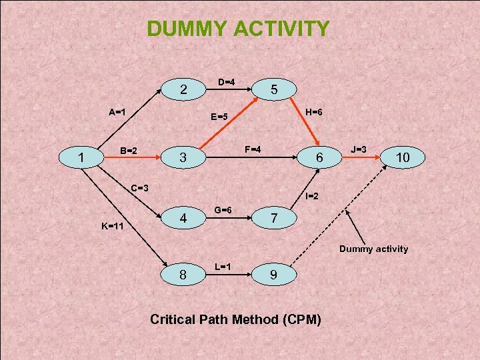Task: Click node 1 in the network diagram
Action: [81, 159]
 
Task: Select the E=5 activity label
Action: [219, 117]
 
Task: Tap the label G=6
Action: [223, 210]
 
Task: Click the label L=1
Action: [223, 267]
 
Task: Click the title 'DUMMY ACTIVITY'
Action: [238, 29]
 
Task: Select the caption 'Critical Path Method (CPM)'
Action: [235, 319]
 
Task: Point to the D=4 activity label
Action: [226, 82]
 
